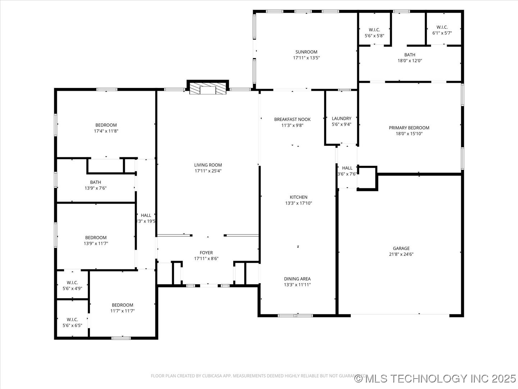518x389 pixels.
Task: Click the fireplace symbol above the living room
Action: point(208,89)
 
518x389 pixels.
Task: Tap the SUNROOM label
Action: point(306,52)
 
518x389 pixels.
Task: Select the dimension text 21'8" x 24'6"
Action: point(401,254)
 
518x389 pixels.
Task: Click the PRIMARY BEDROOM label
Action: point(409,128)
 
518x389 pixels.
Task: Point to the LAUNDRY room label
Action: point(341,119)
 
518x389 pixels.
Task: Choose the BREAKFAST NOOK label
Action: point(292,120)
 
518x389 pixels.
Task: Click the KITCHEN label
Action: point(299,197)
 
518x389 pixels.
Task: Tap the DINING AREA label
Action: point(297,279)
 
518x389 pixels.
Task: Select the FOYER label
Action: point(206,253)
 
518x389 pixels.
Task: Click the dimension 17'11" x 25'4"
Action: point(208,171)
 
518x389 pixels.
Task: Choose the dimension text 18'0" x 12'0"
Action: point(410,61)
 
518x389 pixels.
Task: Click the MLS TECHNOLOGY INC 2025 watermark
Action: point(435,379)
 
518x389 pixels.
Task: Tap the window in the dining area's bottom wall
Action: point(295,316)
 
